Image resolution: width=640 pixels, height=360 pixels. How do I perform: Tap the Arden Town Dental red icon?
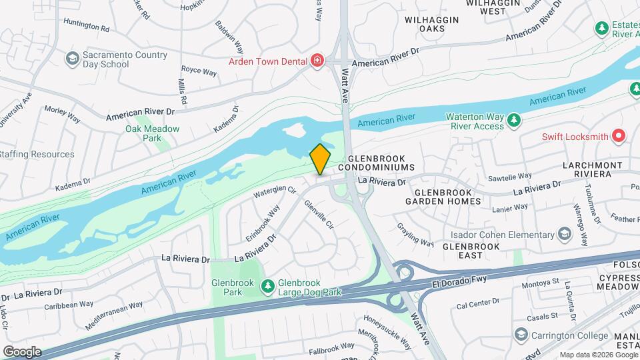tap(317, 61)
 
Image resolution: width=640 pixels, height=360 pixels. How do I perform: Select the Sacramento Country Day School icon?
tap(71, 59)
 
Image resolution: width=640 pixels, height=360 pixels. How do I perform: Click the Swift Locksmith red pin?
tap(619, 137)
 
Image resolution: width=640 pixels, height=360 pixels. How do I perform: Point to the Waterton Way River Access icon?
tap(513, 120)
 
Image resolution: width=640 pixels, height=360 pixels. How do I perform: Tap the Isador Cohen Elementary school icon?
tap(565, 235)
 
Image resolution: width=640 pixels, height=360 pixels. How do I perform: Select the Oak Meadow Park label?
tap(143, 133)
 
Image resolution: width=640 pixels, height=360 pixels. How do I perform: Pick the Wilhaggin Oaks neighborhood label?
tap(432, 24)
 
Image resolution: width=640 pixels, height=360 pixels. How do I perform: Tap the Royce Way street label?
tap(199, 71)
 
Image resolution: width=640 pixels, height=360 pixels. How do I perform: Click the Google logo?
tap(22, 351)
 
